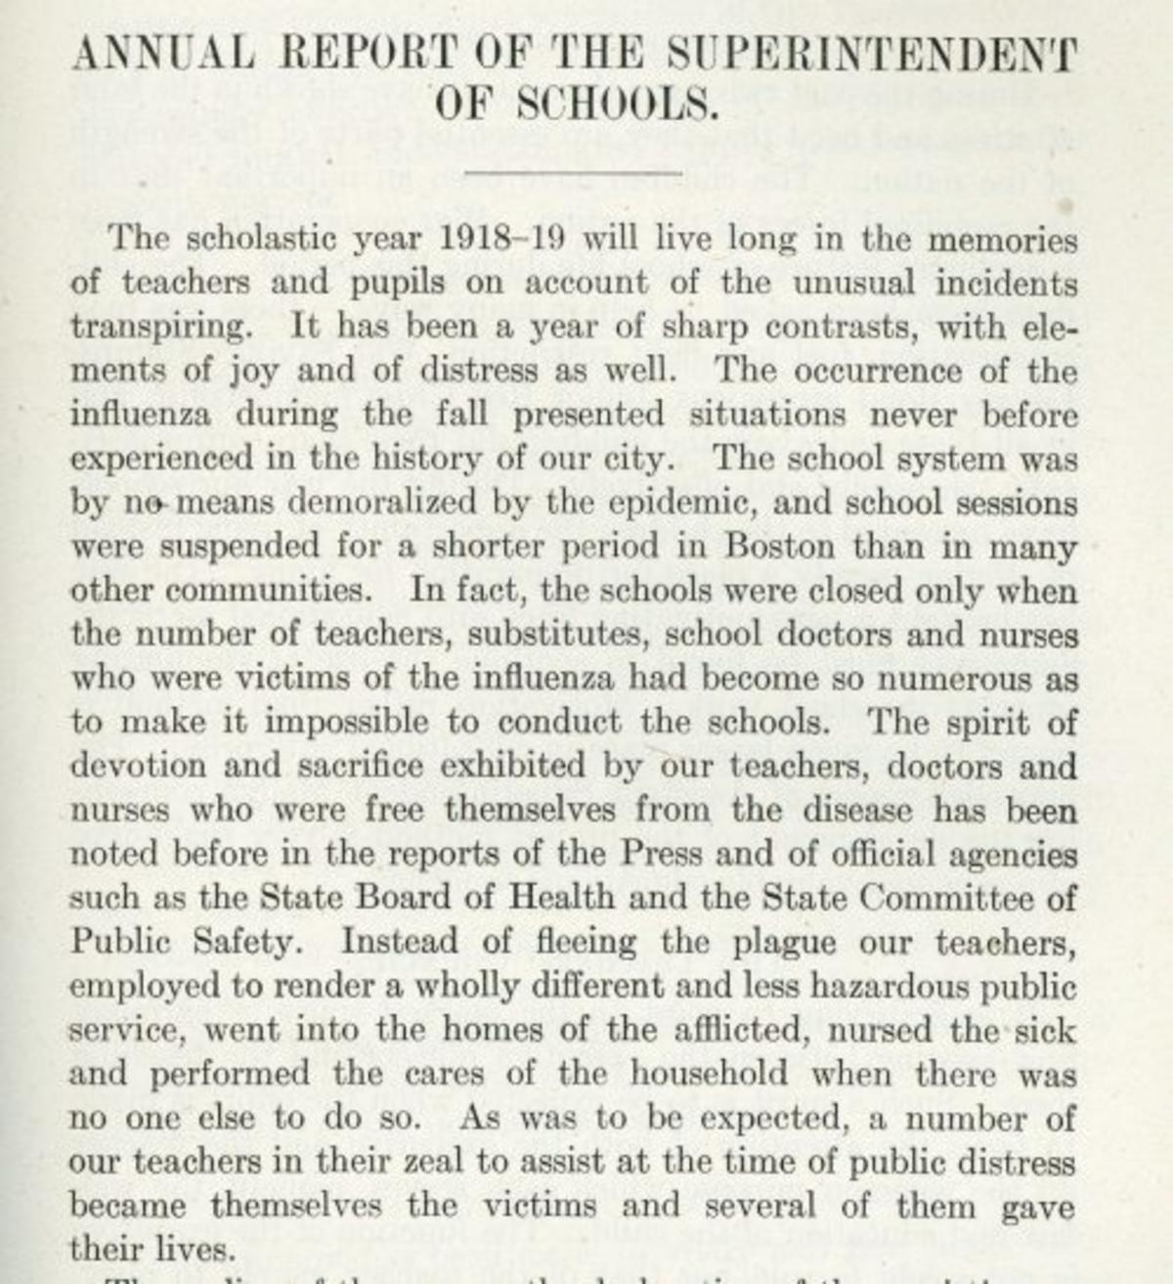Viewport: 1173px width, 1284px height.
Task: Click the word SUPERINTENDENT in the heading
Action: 870,55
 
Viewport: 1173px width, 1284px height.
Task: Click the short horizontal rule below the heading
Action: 573,173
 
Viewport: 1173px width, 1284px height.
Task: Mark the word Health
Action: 564,898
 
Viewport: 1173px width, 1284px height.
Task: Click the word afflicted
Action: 742,1030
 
